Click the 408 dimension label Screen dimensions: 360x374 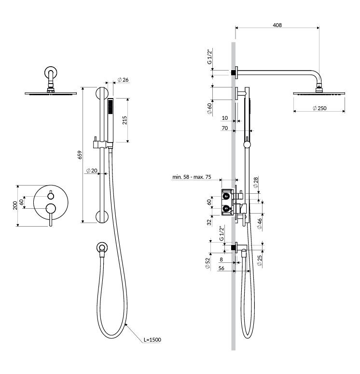[277, 25]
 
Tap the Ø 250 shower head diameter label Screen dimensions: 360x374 [319, 108]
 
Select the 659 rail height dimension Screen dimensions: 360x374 [80, 155]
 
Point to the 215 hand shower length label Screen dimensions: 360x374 [125, 120]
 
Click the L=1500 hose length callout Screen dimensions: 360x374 [152, 340]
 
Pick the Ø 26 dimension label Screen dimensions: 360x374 [123, 80]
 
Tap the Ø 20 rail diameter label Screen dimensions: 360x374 [92, 171]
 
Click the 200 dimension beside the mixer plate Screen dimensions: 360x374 [15, 206]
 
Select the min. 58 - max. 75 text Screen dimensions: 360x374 [192, 177]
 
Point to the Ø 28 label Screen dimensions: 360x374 [256, 182]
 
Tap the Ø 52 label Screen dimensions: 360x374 [208, 263]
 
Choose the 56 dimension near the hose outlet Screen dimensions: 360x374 [222, 268]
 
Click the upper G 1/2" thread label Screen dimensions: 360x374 [209, 57]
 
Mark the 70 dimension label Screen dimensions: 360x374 [225, 128]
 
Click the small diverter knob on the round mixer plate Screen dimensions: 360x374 [51, 196]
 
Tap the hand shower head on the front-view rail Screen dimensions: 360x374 [111, 120]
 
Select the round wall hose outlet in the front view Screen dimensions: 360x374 [102, 248]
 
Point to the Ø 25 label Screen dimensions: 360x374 [260, 260]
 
